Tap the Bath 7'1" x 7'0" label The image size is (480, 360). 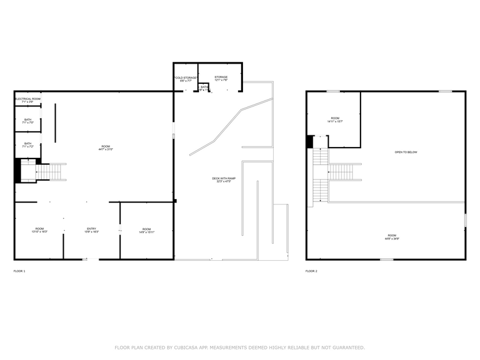(x=28, y=121)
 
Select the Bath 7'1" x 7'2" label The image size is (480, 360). (x=28, y=145)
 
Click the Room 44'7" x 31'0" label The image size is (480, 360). (x=106, y=148)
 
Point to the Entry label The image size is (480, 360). (x=91, y=230)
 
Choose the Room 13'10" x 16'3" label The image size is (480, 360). (x=39, y=230)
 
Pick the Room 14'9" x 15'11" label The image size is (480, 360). (x=146, y=230)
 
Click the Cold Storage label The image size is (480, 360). (x=186, y=79)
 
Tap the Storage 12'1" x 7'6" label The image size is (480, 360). (x=221, y=78)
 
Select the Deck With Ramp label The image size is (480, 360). (x=224, y=180)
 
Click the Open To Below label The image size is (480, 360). (x=406, y=152)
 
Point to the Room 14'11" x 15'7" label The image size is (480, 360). (x=335, y=119)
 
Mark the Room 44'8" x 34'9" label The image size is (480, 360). (x=392, y=237)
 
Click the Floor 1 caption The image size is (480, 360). (x=20, y=271)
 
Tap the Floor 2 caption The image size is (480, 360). (x=312, y=271)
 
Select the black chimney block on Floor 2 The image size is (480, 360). (x=310, y=141)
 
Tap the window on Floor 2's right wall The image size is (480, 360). (x=465, y=220)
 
